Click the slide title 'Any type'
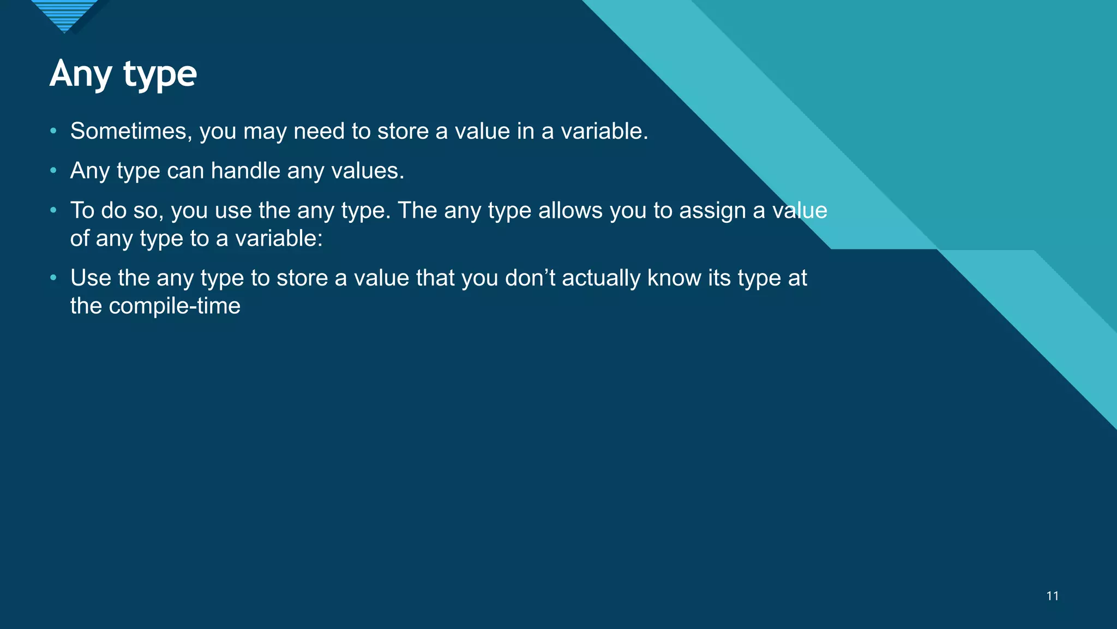pyautogui.click(x=123, y=74)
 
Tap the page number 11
pyautogui.click(x=1053, y=596)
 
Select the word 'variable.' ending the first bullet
pyautogui.click(x=604, y=132)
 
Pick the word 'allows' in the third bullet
pyautogui.click(x=570, y=211)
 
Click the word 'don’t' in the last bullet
pyautogui.click(x=530, y=278)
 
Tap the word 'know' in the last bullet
pyautogui.click(x=674, y=278)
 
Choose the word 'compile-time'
pyautogui.click(x=175, y=306)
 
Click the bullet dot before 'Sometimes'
pyautogui.click(x=53, y=131)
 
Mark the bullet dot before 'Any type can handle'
pyautogui.click(x=53, y=171)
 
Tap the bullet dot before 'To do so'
pyautogui.click(x=53, y=210)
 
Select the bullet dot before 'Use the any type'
pyautogui.click(x=53, y=278)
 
